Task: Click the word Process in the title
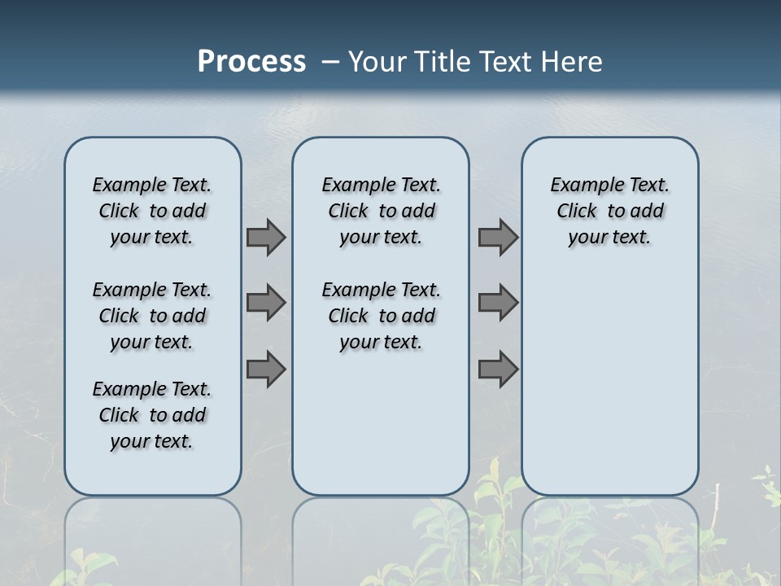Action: tap(251, 61)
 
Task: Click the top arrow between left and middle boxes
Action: tap(266, 237)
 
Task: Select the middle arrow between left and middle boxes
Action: tap(266, 303)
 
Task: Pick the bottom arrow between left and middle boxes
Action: tap(266, 369)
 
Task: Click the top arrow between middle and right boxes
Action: tap(498, 237)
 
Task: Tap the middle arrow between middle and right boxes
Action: tap(498, 303)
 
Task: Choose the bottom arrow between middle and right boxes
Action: tap(498, 369)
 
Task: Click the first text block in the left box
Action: tap(152, 211)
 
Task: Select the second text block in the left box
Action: tap(152, 316)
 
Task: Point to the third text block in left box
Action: tap(152, 415)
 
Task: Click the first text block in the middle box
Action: tap(381, 211)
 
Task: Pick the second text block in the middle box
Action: tap(381, 316)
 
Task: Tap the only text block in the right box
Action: tap(609, 211)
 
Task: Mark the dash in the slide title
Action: tap(330, 62)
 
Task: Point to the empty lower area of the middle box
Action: tap(381, 423)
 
